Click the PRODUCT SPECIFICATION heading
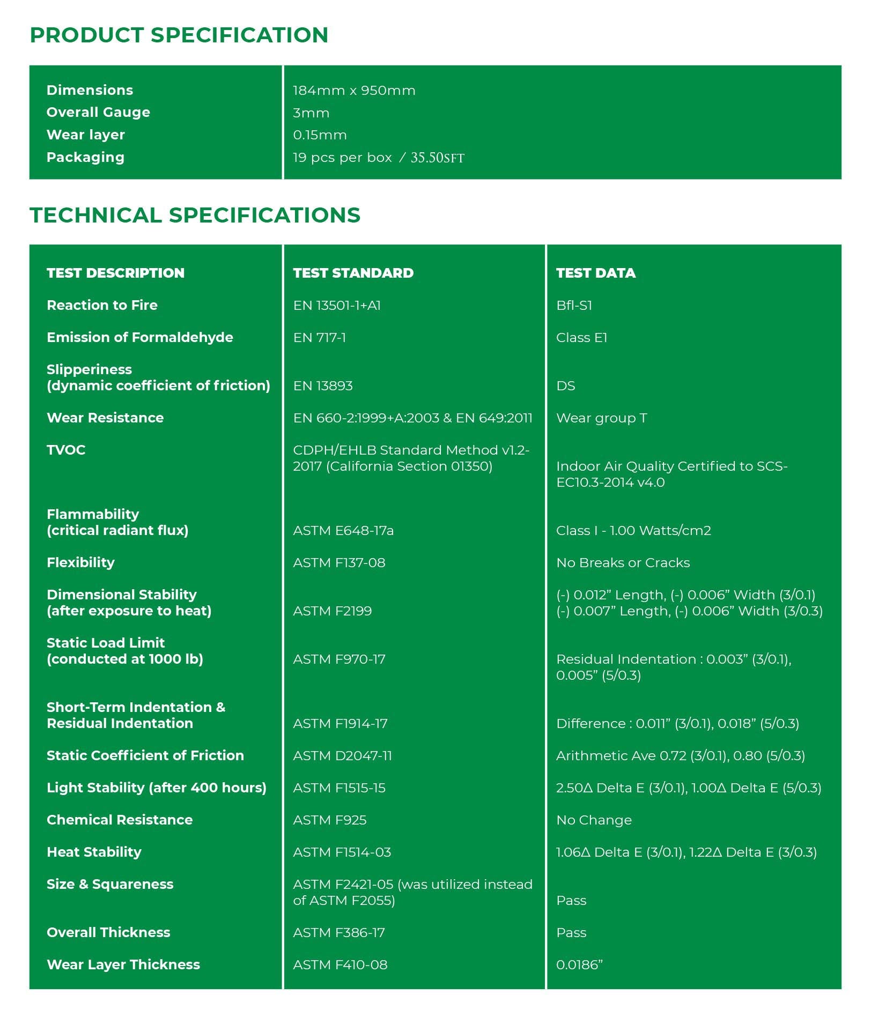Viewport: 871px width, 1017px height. click(179, 35)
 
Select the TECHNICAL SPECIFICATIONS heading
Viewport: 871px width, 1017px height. click(195, 215)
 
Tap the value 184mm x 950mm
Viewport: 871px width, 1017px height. click(354, 91)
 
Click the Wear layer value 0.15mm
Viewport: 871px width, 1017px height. click(320, 135)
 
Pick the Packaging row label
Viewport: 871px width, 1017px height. click(85, 157)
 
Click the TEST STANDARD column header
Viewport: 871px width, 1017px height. click(353, 273)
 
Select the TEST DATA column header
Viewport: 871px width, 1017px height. click(595, 273)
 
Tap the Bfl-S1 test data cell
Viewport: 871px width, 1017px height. click(574, 305)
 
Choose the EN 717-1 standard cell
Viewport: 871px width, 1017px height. click(319, 337)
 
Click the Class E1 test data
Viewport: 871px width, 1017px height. click(581, 337)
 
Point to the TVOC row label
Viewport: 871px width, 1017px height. click(66, 450)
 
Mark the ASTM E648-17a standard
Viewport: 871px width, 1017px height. click(343, 530)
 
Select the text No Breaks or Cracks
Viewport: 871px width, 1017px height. click(623, 562)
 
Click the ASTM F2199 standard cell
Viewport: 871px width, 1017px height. click(332, 611)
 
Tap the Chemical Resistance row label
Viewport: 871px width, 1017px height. click(120, 820)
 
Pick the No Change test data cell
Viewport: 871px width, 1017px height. click(594, 820)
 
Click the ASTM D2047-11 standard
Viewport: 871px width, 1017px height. click(342, 755)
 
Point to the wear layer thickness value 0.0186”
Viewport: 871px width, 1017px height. click(579, 964)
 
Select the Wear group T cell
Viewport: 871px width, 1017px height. click(601, 418)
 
